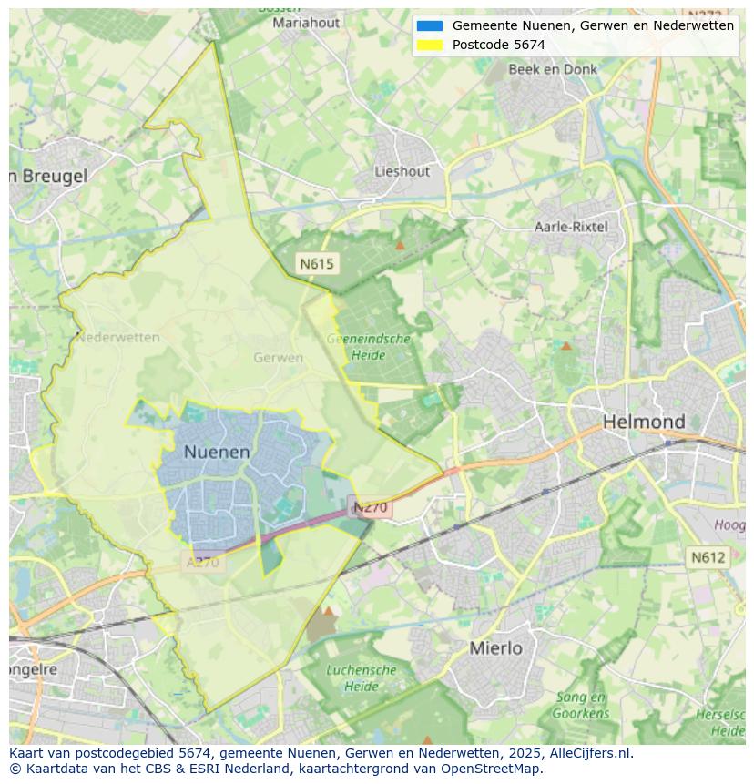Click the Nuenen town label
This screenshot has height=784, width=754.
(x=217, y=452)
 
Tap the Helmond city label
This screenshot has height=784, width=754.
(x=644, y=422)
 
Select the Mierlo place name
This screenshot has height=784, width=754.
(x=496, y=648)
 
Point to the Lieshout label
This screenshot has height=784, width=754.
(x=402, y=171)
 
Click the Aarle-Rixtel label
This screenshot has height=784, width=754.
(x=571, y=227)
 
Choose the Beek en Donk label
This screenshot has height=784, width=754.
(x=553, y=69)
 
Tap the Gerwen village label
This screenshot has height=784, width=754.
(x=279, y=358)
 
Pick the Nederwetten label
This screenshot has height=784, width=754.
(x=118, y=337)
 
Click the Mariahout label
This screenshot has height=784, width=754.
(x=306, y=23)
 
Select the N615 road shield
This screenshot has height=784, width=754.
(x=317, y=264)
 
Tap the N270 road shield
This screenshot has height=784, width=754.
(x=371, y=507)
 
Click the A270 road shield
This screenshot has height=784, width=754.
(x=203, y=562)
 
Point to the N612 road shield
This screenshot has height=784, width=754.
(x=708, y=557)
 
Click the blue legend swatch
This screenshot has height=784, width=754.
(x=430, y=26)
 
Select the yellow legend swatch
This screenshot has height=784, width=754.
(x=430, y=45)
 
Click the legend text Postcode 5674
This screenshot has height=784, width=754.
(x=498, y=45)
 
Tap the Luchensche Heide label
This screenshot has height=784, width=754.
(x=362, y=678)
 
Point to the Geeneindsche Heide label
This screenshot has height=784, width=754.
(x=369, y=346)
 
